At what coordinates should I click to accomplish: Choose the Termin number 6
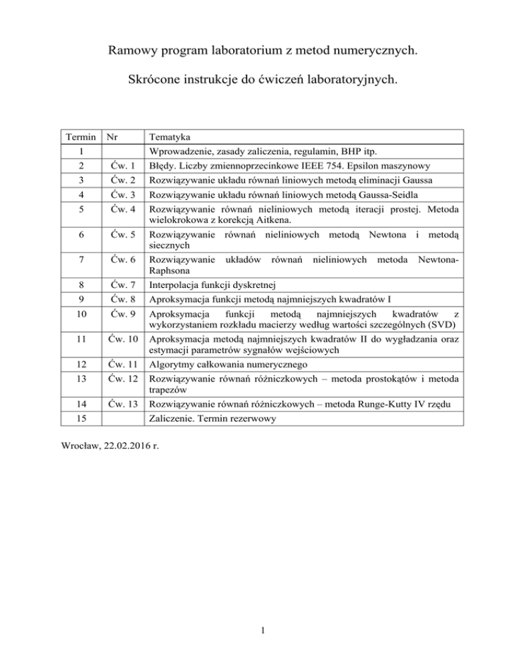(x=80, y=235)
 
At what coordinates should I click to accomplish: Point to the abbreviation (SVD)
(x=440, y=325)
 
